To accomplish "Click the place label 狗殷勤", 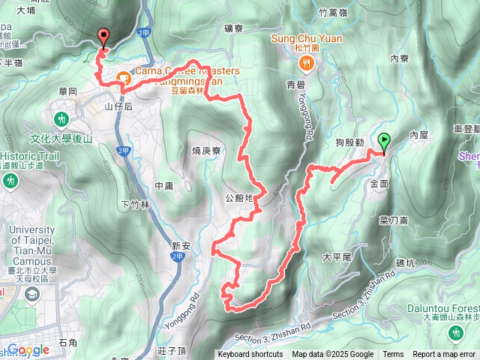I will (349, 142).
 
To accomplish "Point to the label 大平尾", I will (337, 256).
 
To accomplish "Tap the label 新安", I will (182, 245).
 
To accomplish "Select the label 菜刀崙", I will (394, 220).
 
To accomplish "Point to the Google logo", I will (28, 349).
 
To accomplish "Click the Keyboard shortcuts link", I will (250, 355).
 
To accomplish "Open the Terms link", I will (393, 355).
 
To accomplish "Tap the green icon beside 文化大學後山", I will (61, 118).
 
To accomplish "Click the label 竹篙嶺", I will (334, 13).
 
